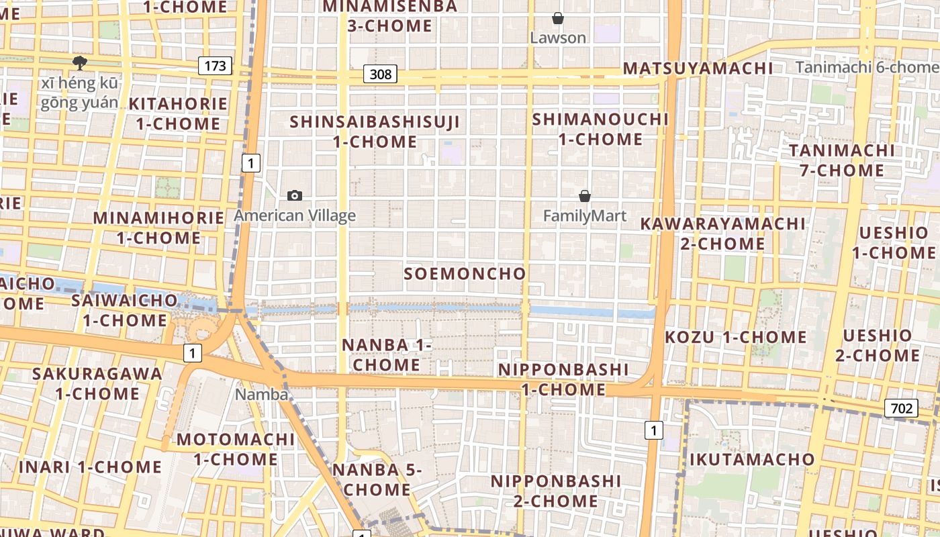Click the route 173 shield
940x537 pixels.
pos(215,66)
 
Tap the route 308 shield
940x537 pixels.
pos(380,74)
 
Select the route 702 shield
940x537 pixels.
pos(901,408)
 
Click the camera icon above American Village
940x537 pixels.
pos(294,196)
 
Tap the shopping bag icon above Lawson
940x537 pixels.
pos(557,18)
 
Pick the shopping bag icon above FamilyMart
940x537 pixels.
pos(585,196)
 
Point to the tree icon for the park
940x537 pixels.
pos(80,63)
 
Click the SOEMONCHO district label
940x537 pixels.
pos(465,274)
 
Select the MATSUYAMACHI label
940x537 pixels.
pos(698,68)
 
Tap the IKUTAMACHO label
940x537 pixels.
pos(752,460)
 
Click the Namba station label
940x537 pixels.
pos(261,395)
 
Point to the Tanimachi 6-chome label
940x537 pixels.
pos(867,67)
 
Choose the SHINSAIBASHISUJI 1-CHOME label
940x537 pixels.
pos(375,132)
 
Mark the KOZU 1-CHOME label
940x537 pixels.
pos(736,337)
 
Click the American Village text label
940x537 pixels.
pos(294,215)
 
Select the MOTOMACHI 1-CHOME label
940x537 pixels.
pos(235,449)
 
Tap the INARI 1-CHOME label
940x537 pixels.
pos(90,467)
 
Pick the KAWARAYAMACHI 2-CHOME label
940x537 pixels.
pos(722,233)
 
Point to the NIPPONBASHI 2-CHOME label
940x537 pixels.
pos(555,491)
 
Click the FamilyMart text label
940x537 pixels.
pos(584,215)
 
